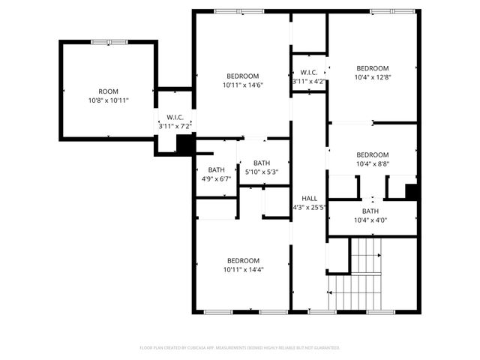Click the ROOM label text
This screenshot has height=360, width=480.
pos(108,91)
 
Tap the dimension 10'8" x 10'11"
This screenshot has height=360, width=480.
pos(108,100)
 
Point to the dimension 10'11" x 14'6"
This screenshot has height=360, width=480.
pos(243,85)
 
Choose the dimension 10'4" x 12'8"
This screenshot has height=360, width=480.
pos(373,76)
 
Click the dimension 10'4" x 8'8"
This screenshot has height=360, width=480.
pos(373,163)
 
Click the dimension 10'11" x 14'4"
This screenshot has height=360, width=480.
pos(243,269)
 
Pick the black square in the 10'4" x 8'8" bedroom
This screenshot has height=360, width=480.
pos(411,191)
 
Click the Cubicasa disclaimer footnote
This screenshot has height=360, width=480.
pos(240,348)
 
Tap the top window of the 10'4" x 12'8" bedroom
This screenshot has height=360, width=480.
pos(392,11)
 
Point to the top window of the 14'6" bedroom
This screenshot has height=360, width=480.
pos(238,11)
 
